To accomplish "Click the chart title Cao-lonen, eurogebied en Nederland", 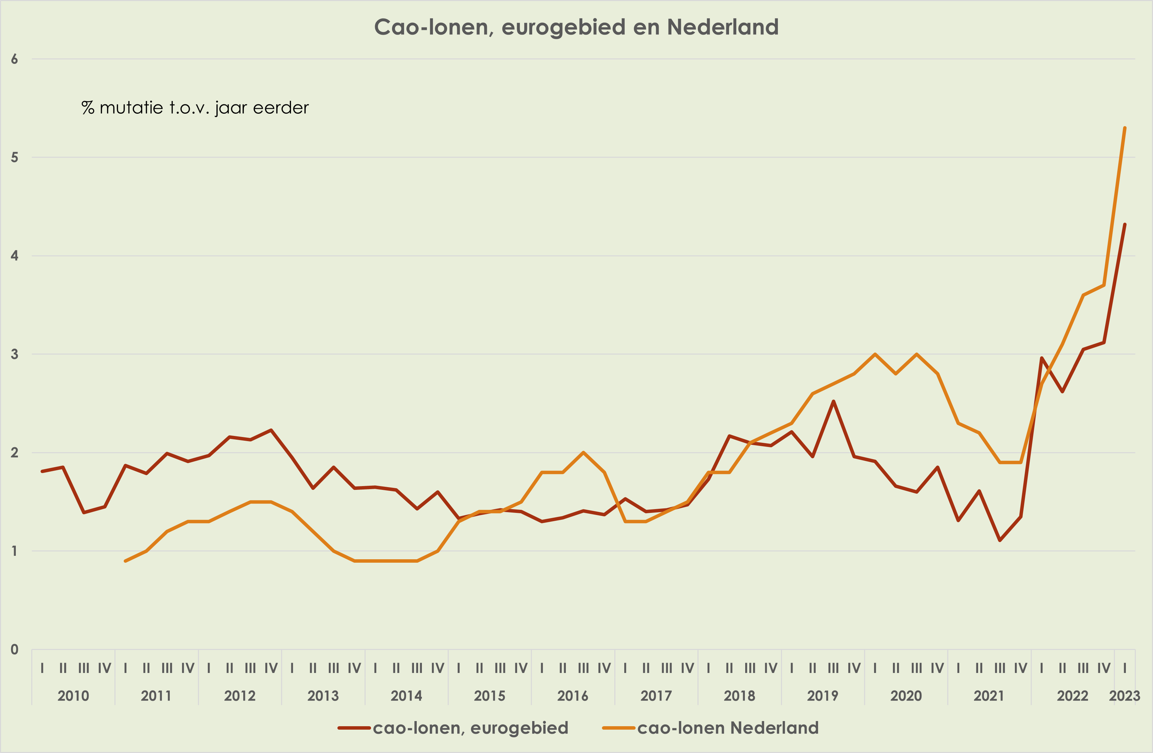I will point(576,27).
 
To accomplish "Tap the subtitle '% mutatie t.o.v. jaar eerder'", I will point(195,108).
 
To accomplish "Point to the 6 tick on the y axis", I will point(14,59).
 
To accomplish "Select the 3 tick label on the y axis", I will point(14,354).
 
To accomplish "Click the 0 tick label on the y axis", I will point(14,649).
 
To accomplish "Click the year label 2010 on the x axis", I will point(73,696).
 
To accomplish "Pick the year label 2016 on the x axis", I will point(573,696).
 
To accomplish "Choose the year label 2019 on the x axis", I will point(822,696).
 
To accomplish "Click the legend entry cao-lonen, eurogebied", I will point(470,728).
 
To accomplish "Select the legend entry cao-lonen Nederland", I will point(727,728).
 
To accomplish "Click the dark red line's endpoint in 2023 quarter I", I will point(1124,224).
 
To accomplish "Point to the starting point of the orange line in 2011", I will point(125,561).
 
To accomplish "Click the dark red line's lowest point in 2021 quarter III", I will point(1000,540).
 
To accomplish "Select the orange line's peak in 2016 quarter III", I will point(583,452).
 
